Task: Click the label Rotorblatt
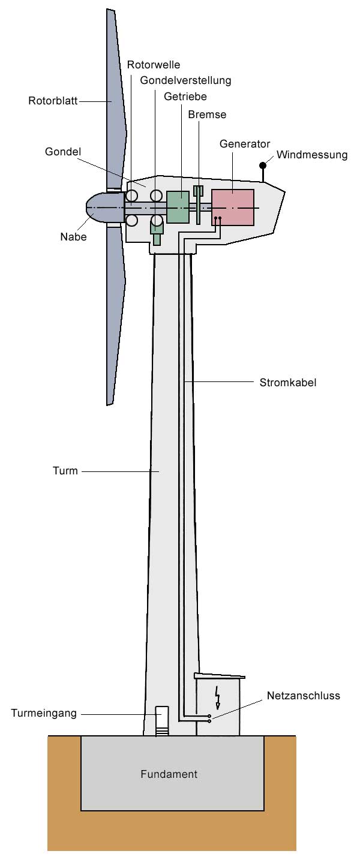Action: (x=53, y=101)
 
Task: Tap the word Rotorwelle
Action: (x=154, y=65)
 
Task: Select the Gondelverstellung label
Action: (x=185, y=80)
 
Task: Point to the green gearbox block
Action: (x=178, y=206)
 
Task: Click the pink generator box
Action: (x=233, y=207)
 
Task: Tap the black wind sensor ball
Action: (x=263, y=166)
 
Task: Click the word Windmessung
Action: (x=312, y=155)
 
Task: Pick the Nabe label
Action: (x=73, y=236)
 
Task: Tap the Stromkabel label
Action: (x=287, y=383)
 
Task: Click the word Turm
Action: (x=65, y=471)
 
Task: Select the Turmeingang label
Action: (x=44, y=714)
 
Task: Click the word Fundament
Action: (x=169, y=774)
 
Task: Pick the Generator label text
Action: (x=244, y=144)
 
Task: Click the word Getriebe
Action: (x=185, y=97)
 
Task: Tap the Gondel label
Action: (x=63, y=152)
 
